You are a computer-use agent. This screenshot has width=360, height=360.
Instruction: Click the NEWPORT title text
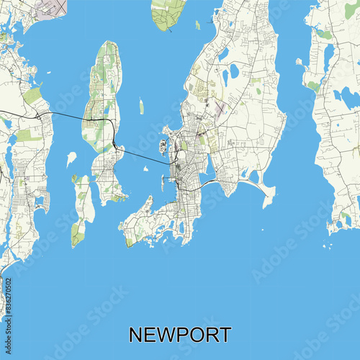pos(180,335)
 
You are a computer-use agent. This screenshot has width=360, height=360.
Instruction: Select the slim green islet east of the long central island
pos(141,107)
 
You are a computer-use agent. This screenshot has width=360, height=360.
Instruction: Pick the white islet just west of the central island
pos(71,158)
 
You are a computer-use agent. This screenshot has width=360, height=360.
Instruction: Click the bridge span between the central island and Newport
pos(148,158)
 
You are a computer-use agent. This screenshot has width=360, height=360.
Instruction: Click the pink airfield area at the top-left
pos(50,8)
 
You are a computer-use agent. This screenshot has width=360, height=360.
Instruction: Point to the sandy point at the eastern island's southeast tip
pos(269,192)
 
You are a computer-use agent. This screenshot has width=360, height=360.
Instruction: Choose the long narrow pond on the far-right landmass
pos(328,58)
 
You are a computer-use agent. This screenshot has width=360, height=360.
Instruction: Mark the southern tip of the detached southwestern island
pos(77,241)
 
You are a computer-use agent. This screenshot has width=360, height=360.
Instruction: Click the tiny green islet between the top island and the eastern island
pos(197,25)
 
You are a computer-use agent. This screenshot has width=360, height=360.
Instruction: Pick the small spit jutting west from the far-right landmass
pos(300,62)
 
